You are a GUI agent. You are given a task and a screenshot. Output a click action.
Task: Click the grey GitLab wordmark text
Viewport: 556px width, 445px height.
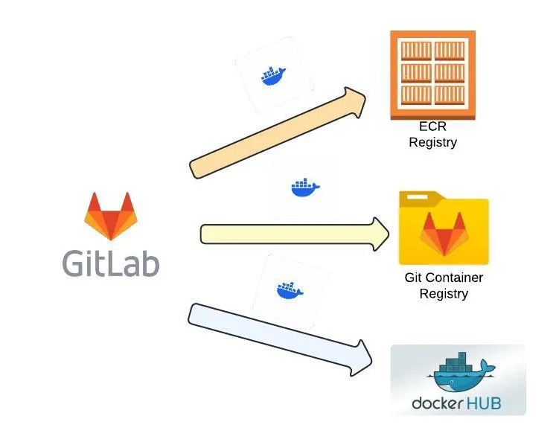point(110,264)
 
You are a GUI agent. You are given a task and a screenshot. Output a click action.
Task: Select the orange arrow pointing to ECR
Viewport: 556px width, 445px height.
point(275,134)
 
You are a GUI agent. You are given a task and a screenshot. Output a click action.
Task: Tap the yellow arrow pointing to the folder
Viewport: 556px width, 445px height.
point(290,234)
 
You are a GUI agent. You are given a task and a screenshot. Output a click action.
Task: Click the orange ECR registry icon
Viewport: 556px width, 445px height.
point(432,74)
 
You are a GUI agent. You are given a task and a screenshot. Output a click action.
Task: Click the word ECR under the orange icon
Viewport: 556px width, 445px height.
point(432,127)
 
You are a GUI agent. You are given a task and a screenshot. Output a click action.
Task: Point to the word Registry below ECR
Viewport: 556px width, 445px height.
point(432,142)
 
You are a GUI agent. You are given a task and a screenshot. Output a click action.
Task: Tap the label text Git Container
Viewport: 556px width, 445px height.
point(444,278)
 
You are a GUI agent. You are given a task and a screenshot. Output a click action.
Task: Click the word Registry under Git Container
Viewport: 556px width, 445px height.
point(444,293)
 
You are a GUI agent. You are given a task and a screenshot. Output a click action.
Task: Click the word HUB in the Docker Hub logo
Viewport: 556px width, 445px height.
point(484,404)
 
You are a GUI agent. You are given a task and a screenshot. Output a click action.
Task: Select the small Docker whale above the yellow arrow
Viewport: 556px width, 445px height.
point(305,188)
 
